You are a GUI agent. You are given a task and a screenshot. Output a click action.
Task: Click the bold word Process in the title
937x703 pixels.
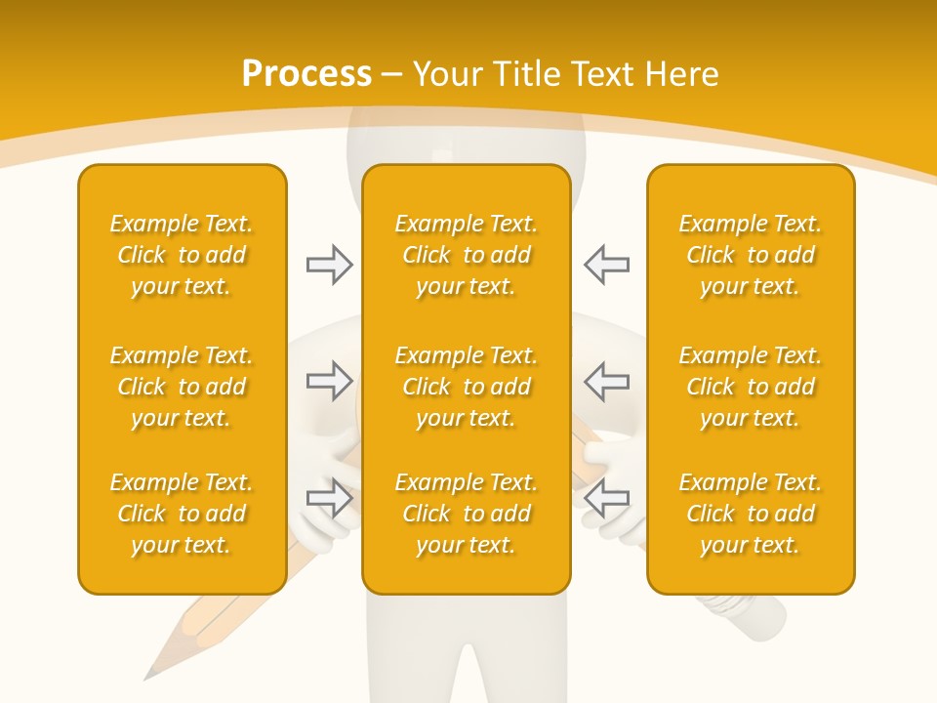pyautogui.click(x=306, y=74)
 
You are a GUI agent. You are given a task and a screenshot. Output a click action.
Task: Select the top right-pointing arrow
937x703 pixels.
pyautogui.click(x=330, y=265)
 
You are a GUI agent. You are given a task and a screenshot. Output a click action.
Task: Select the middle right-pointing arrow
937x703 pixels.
pyautogui.click(x=330, y=381)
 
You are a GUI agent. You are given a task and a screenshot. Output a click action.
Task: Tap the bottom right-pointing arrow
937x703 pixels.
pyautogui.click(x=330, y=498)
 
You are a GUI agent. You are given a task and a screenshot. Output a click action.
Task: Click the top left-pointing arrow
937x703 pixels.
pyautogui.click(x=607, y=265)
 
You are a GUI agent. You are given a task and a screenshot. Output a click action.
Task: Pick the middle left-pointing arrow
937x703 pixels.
pyautogui.click(x=607, y=381)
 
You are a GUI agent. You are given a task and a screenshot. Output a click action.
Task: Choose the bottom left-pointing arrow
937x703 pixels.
pyautogui.click(x=607, y=498)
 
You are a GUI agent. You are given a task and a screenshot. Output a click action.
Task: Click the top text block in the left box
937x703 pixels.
pyautogui.click(x=182, y=255)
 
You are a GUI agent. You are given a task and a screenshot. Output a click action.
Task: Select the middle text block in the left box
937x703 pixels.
pyautogui.click(x=182, y=387)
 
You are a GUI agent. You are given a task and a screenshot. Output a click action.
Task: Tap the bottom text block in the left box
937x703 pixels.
pyautogui.click(x=182, y=514)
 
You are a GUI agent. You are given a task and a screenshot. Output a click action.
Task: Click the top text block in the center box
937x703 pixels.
pyautogui.click(x=467, y=255)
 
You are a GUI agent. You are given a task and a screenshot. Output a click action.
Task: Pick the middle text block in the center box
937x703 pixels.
pyautogui.click(x=467, y=387)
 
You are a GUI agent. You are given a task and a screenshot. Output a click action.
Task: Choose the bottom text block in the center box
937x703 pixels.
pyautogui.click(x=467, y=514)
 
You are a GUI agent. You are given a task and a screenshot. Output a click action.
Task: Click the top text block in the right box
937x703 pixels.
pyautogui.click(x=751, y=255)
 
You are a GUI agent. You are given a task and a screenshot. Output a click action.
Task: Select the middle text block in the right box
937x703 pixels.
pyautogui.click(x=751, y=387)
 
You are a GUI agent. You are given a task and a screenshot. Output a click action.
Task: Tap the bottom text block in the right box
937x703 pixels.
pyautogui.click(x=751, y=514)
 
